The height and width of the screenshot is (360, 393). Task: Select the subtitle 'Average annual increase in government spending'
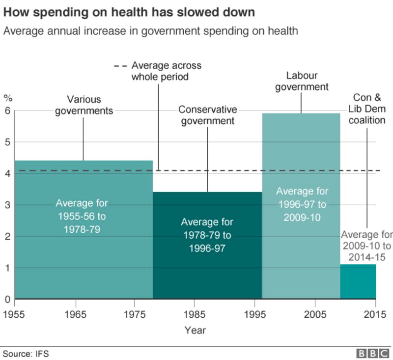point(150,31)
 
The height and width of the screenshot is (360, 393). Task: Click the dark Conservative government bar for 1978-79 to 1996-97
point(207,270)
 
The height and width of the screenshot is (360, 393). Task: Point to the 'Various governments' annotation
point(84,105)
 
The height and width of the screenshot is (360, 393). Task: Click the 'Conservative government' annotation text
point(207,115)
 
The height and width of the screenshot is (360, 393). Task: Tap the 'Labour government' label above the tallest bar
point(302,82)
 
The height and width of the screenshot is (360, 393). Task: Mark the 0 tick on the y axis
point(7,299)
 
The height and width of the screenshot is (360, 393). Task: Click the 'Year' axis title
point(195,330)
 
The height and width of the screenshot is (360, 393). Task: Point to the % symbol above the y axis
point(7,97)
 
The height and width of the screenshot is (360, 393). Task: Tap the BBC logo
point(373,353)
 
